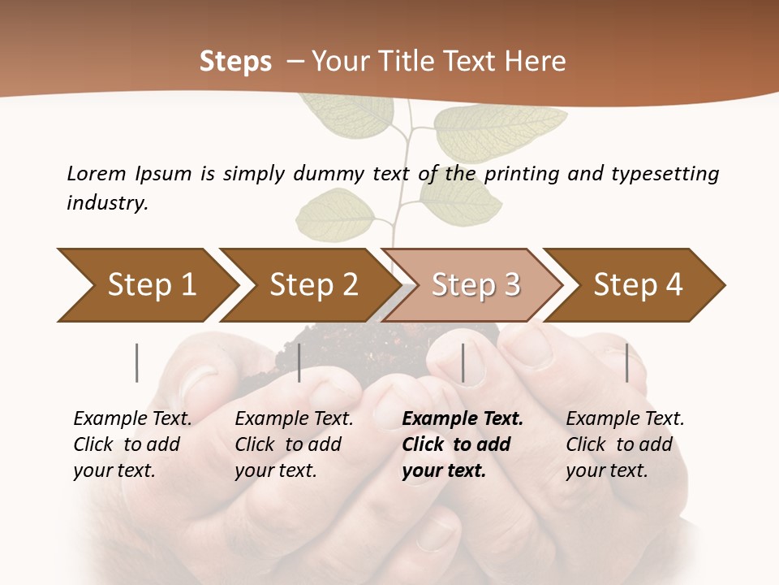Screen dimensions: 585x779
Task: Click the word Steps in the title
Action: pos(235,61)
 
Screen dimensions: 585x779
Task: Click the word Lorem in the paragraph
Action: pos(97,173)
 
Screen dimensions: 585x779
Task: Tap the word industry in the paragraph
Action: pos(107,202)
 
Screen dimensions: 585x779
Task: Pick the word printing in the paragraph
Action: pos(521,173)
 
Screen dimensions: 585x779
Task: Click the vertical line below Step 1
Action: pos(137,362)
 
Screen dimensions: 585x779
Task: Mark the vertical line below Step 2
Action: pos(299,362)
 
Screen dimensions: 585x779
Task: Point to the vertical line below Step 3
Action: pos(463,362)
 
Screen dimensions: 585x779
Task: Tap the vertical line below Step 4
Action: pos(627,362)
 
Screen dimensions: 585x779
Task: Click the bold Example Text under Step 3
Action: pos(463,419)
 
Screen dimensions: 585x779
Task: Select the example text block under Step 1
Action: pos(132,444)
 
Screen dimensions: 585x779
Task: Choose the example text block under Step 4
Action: pos(625,444)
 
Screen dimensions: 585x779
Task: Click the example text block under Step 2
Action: pos(294,444)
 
